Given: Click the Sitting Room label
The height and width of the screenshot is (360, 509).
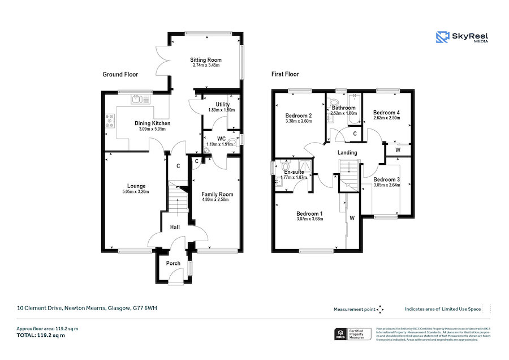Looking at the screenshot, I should (x=205, y=59).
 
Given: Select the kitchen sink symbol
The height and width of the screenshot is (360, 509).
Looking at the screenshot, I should (x=137, y=100).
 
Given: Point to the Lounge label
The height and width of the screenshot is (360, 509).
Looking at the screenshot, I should (x=136, y=186).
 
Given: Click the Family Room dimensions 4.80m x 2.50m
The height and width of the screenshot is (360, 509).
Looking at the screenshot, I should (x=217, y=200).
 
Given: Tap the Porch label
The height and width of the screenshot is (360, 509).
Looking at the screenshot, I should (x=173, y=263).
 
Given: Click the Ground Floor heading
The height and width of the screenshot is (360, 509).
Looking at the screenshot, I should (x=120, y=74).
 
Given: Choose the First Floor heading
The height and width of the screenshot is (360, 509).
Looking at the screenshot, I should (x=284, y=74).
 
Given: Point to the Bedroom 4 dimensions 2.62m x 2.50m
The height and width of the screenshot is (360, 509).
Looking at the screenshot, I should (x=387, y=118).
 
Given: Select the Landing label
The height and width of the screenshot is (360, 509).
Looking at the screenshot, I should (x=347, y=153).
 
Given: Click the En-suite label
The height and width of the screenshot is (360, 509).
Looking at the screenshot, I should (x=294, y=172).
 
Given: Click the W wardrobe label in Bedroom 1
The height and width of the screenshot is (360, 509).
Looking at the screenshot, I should (x=352, y=218).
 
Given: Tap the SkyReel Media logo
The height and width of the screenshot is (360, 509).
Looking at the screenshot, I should (x=462, y=38).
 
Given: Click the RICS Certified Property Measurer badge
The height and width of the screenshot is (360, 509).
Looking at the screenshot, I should (x=353, y=334).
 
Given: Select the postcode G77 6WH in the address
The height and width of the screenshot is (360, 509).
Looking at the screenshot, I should (x=145, y=309).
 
